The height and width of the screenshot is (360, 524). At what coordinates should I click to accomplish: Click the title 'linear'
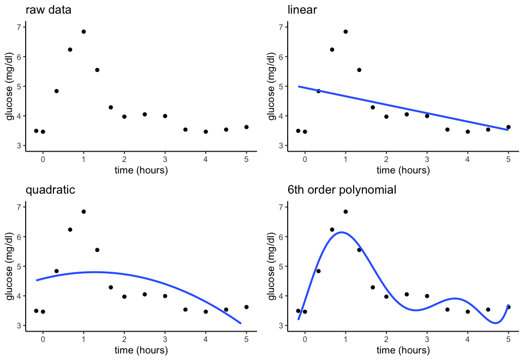(302, 10)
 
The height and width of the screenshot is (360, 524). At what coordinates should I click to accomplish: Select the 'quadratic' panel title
(50, 190)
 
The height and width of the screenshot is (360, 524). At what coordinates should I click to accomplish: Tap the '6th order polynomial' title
(342, 190)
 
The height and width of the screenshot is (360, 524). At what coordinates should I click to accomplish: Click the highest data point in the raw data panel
(84, 32)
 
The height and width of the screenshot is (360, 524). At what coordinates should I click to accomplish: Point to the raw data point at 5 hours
(246, 127)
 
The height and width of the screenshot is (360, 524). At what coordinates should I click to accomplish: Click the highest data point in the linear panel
(346, 32)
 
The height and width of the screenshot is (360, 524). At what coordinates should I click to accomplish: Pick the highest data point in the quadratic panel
(84, 212)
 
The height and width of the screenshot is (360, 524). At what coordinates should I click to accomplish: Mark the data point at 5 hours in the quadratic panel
(246, 307)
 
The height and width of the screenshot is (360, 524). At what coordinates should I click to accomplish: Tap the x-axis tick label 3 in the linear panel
(427, 159)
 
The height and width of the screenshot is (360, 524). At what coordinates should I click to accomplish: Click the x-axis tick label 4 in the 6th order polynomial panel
(468, 339)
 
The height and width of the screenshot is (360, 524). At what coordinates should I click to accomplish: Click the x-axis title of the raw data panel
(141, 170)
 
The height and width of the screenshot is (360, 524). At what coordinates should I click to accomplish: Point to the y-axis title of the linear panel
(271, 86)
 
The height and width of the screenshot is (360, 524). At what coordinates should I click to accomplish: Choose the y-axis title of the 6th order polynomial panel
(271, 266)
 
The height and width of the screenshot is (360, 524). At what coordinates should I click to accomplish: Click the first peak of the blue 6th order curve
(341, 232)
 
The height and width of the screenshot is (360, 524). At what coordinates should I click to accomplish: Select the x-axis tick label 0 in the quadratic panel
(43, 339)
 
